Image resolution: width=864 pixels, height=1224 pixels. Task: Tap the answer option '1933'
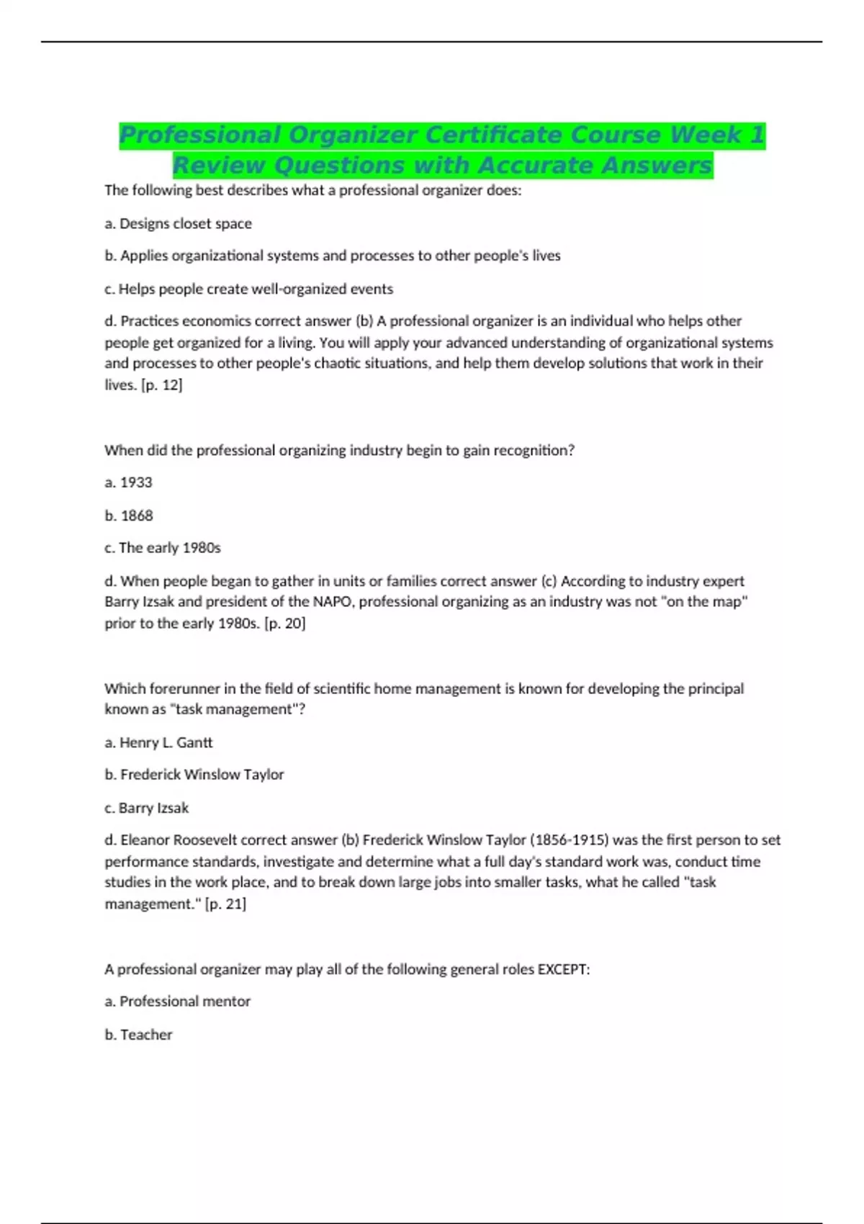[x=136, y=482]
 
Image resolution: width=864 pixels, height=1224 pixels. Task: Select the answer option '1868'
[x=137, y=516]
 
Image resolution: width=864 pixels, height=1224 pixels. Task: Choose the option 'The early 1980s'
[x=170, y=548]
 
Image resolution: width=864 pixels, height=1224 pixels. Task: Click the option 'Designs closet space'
[x=186, y=224]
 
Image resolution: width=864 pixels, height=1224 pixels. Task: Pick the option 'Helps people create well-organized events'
[x=256, y=289]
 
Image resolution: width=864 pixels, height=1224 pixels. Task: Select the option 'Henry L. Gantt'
[x=166, y=742]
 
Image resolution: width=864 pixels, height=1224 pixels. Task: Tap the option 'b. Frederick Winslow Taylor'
[x=194, y=775]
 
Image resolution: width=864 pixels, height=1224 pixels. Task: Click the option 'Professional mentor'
[x=185, y=1002]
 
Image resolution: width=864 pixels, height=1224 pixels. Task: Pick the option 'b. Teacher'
[x=139, y=1035]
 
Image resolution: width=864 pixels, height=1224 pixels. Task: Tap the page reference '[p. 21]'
[x=225, y=904]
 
